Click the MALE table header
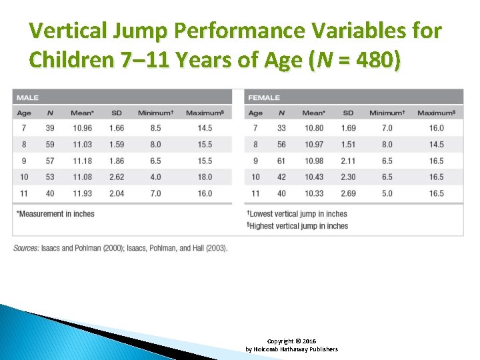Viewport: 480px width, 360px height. point(27,98)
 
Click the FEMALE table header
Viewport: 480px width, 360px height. point(264,98)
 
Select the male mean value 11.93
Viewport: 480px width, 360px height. point(83,193)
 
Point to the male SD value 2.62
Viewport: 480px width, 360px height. point(117,177)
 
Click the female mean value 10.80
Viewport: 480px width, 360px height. point(314,128)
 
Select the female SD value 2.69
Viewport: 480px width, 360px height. point(348,193)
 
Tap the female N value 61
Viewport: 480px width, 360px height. point(281,161)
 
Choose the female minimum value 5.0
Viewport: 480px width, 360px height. point(386,193)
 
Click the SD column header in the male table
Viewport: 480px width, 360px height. point(117,113)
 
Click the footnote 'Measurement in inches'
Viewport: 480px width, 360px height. point(56,214)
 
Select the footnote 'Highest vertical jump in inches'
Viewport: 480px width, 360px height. point(298,226)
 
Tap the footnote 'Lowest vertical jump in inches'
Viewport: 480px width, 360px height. point(297,214)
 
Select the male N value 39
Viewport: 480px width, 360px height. point(51,128)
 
